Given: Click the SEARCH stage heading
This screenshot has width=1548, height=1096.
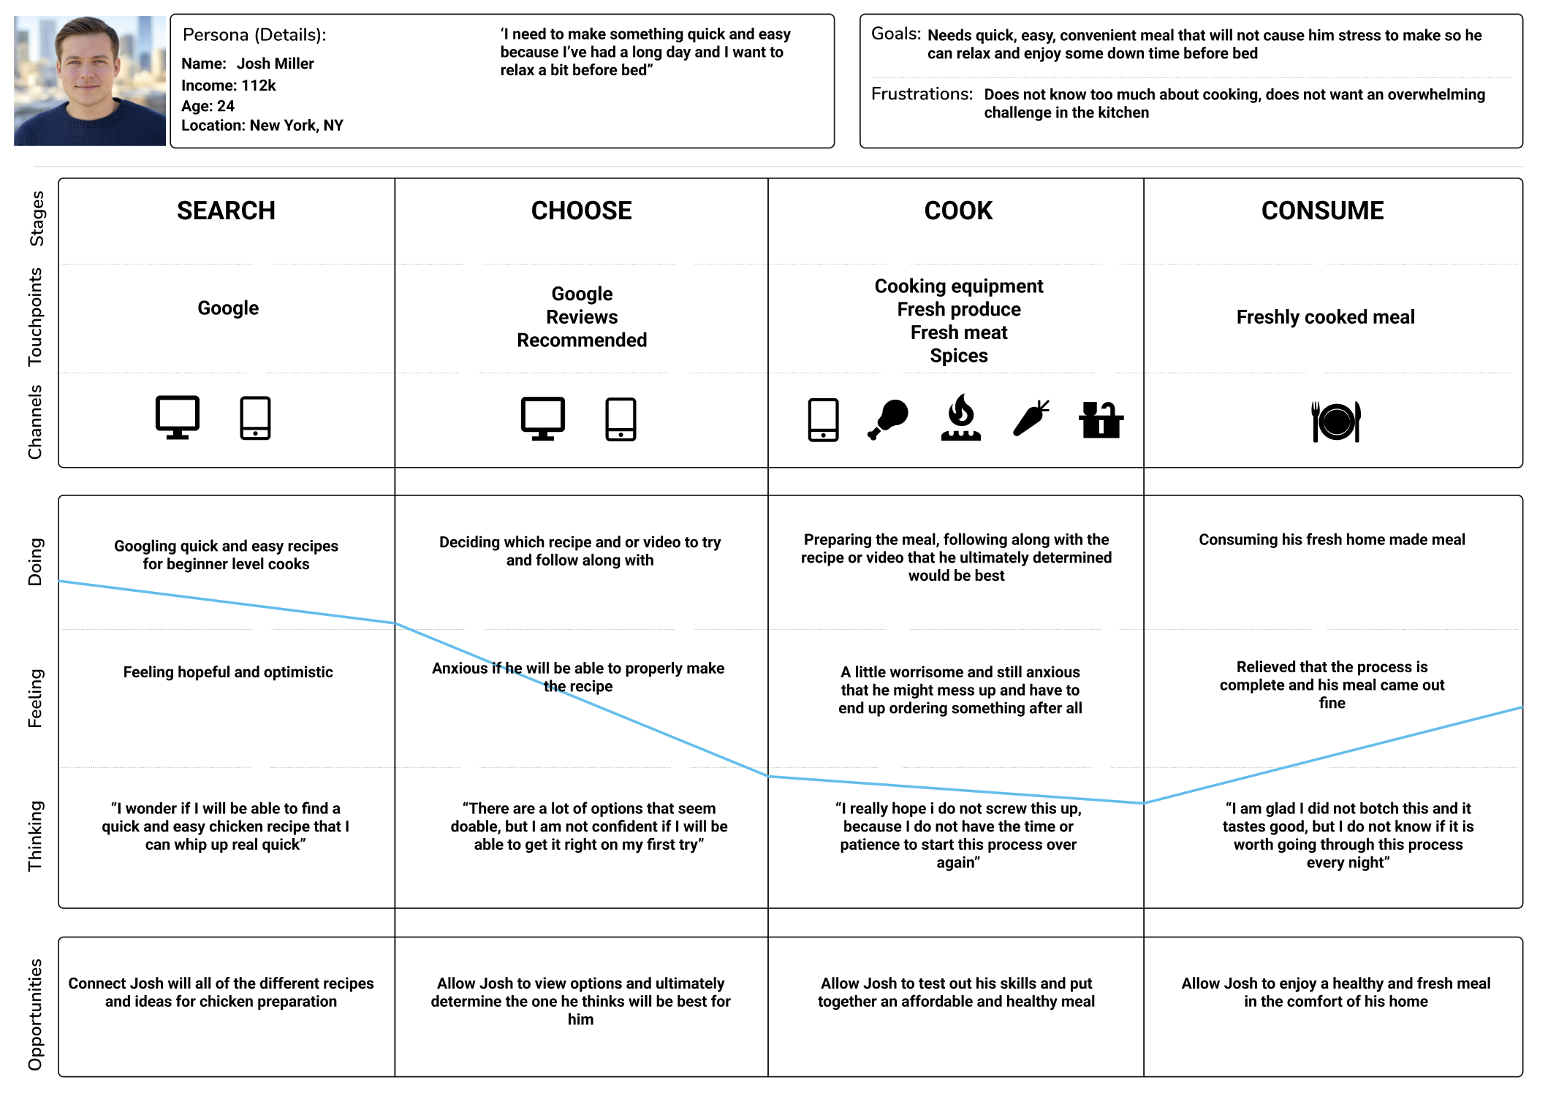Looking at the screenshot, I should [x=226, y=211].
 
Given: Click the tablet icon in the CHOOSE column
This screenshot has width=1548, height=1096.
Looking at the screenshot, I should [x=621, y=419].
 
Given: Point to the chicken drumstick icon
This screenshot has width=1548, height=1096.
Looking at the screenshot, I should [x=888, y=419].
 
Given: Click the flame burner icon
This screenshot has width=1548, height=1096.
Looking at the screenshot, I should [x=960, y=418].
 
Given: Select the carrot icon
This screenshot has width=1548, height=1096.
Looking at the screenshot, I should [x=1031, y=419].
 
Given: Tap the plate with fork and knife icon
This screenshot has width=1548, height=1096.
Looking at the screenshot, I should [x=1335, y=422].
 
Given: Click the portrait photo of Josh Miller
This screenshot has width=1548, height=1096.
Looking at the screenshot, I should [x=89, y=80].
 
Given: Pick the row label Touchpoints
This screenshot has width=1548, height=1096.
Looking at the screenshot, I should [x=35, y=316].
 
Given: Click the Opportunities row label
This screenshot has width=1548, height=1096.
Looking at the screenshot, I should [x=35, y=1014].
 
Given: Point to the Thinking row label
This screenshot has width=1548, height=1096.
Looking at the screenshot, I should [x=35, y=836].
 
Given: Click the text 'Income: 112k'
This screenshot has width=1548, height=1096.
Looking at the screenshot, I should [x=228, y=85].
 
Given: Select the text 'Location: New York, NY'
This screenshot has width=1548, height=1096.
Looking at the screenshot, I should [x=262, y=126].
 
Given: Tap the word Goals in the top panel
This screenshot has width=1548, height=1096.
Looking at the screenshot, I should [x=895, y=34].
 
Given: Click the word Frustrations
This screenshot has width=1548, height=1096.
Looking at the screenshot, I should [x=921, y=94].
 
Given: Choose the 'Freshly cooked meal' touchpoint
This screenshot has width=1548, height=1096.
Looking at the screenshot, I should [x=1325, y=317].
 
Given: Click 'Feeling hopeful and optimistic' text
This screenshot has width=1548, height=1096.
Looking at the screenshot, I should [x=227, y=672].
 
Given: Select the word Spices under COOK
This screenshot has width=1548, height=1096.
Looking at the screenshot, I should [x=958, y=356].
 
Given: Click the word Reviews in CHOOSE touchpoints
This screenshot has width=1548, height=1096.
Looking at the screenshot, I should [x=582, y=317].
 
